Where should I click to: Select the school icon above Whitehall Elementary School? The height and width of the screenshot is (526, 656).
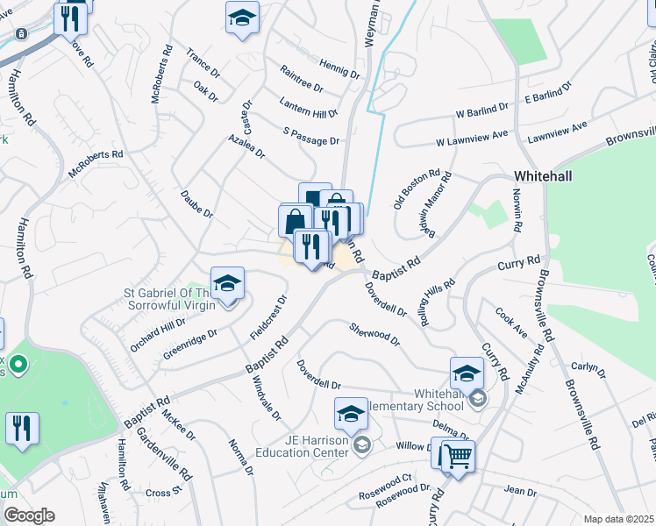[467, 373]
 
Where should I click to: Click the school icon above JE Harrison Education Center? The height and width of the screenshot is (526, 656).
[351, 413]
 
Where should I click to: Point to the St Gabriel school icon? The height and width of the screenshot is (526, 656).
[227, 283]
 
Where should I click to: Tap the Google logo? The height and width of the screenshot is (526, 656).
[28, 515]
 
